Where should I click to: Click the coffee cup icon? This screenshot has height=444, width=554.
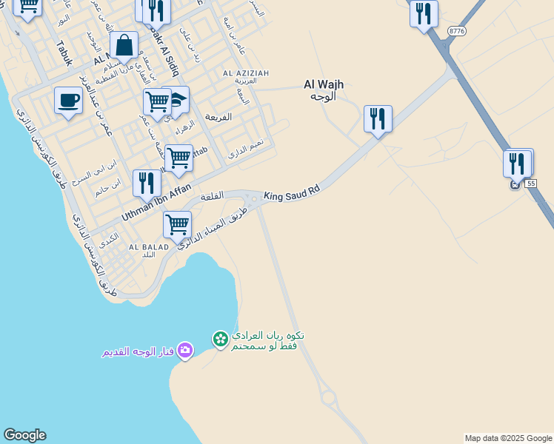[68, 101]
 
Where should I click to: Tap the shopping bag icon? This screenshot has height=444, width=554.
[124, 46]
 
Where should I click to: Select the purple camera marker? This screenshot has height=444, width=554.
[185, 350]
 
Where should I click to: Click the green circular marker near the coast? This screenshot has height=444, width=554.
[220, 339]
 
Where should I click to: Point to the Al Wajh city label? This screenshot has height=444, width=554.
[324, 90]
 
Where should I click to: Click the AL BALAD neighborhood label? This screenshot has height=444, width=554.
[147, 246]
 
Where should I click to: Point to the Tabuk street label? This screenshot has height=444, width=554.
[64, 53]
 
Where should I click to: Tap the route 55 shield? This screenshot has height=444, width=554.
[530, 182]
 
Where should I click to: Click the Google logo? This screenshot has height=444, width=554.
[24, 435]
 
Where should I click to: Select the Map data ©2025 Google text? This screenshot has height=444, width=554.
[508, 438]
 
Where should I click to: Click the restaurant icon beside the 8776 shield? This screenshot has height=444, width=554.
[424, 13]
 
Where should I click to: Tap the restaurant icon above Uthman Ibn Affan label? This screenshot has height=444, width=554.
[147, 182]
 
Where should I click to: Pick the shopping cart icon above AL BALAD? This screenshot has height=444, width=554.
[177, 224]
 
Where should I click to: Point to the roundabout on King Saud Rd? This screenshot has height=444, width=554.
[255, 198]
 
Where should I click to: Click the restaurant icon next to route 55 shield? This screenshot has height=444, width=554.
[517, 162]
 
